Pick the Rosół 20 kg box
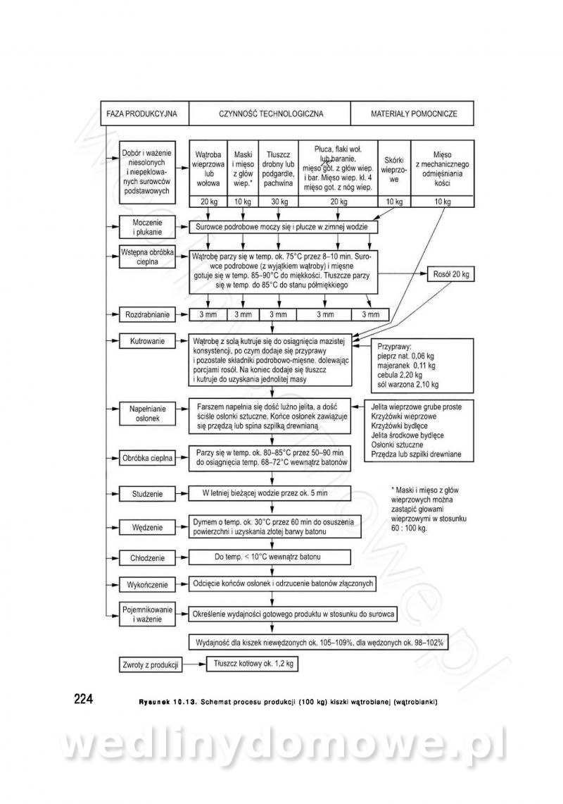(x=450, y=274)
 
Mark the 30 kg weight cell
(x=279, y=202)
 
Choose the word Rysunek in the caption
(x=159, y=702)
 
